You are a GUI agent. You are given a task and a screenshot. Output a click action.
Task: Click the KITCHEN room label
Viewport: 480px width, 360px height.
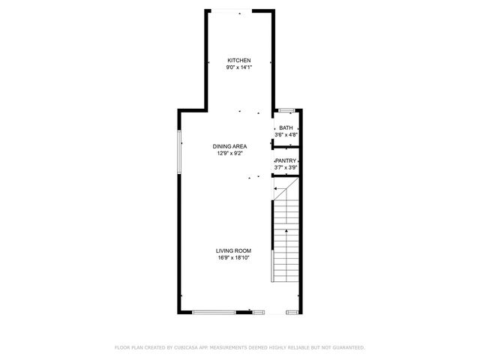point(239,61)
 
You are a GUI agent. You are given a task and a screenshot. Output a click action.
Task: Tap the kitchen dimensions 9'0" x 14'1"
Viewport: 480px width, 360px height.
point(239,67)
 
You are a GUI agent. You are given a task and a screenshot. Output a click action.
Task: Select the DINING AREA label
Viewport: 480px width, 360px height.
point(229,146)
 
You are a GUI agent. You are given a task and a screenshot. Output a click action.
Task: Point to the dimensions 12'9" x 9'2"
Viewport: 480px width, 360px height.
point(229,153)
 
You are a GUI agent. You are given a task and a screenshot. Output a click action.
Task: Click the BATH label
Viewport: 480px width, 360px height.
point(286,128)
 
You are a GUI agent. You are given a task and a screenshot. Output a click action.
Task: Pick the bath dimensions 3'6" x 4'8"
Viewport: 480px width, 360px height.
point(286,135)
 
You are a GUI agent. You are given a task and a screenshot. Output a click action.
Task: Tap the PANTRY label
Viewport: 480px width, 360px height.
point(286,160)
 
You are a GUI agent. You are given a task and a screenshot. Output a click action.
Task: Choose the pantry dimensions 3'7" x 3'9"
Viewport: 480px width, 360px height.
point(286,167)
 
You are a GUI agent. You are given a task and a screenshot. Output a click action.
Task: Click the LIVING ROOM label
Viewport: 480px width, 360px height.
point(233,251)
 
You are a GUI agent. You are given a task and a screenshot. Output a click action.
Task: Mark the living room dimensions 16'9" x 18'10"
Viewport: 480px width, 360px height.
point(233,258)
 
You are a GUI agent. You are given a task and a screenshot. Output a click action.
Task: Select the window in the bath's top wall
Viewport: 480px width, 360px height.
point(286,111)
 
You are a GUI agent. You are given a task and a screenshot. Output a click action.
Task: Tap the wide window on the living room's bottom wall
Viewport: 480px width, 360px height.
point(214,311)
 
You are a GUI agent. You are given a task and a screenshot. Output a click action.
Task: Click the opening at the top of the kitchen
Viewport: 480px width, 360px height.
point(240,11)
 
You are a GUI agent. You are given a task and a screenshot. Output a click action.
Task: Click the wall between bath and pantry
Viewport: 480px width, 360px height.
point(287,144)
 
